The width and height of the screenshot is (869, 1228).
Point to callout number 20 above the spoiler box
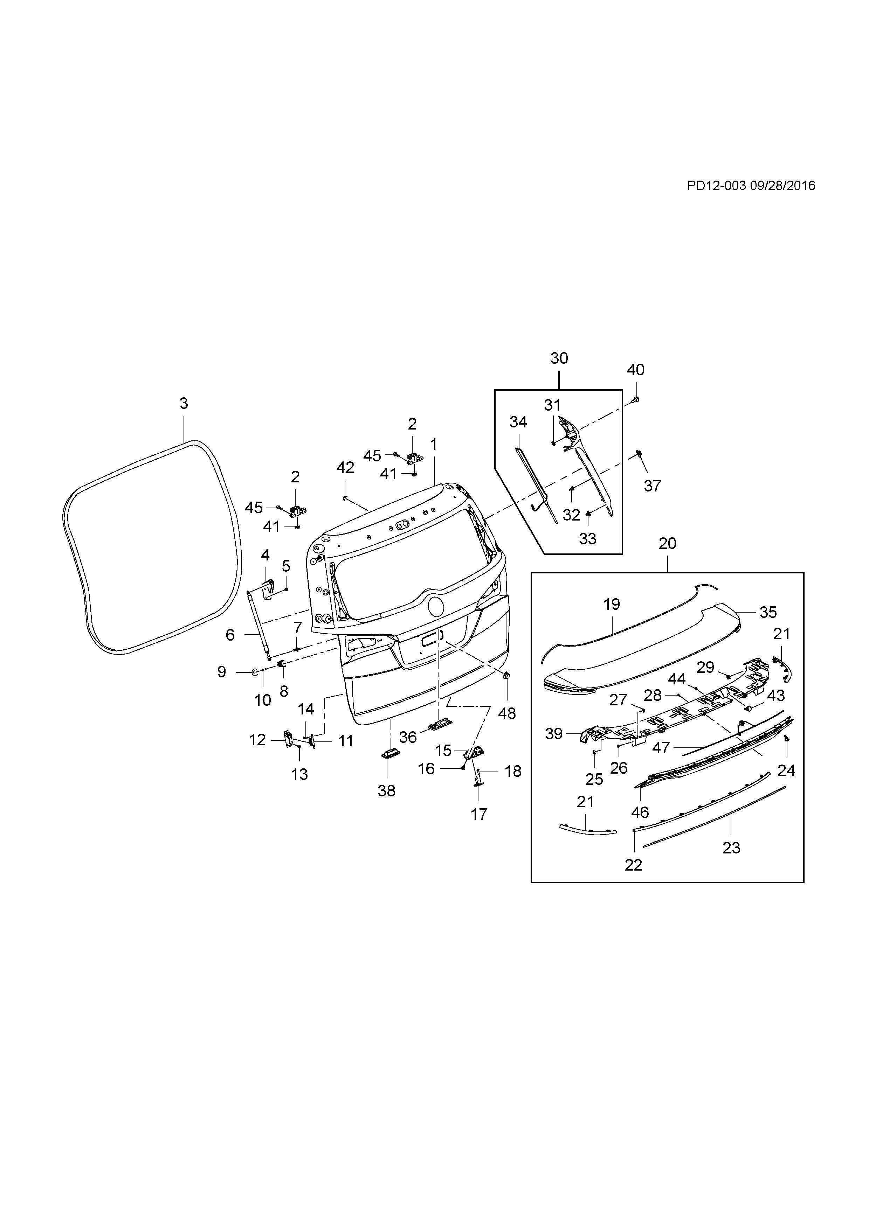pyautogui.click(x=667, y=543)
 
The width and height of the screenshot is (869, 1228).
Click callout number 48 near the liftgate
pyautogui.click(x=507, y=713)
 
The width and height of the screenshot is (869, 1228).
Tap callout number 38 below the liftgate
pyautogui.click(x=386, y=790)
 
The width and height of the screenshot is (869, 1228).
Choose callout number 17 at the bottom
pyautogui.click(x=479, y=814)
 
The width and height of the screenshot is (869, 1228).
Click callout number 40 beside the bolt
pyautogui.click(x=636, y=370)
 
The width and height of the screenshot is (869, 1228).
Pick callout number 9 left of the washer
pyautogui.click(x=221, y=672)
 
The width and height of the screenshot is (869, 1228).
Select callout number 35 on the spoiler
pyautogui.click(x=768, y=612)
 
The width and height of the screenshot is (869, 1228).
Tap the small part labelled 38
pyautogui.click(x=387, y=754)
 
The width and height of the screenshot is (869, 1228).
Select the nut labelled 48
pyautogui.click(x=507, y=676)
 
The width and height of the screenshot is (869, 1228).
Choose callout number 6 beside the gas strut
pyautogui.click(x=230, y=635)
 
